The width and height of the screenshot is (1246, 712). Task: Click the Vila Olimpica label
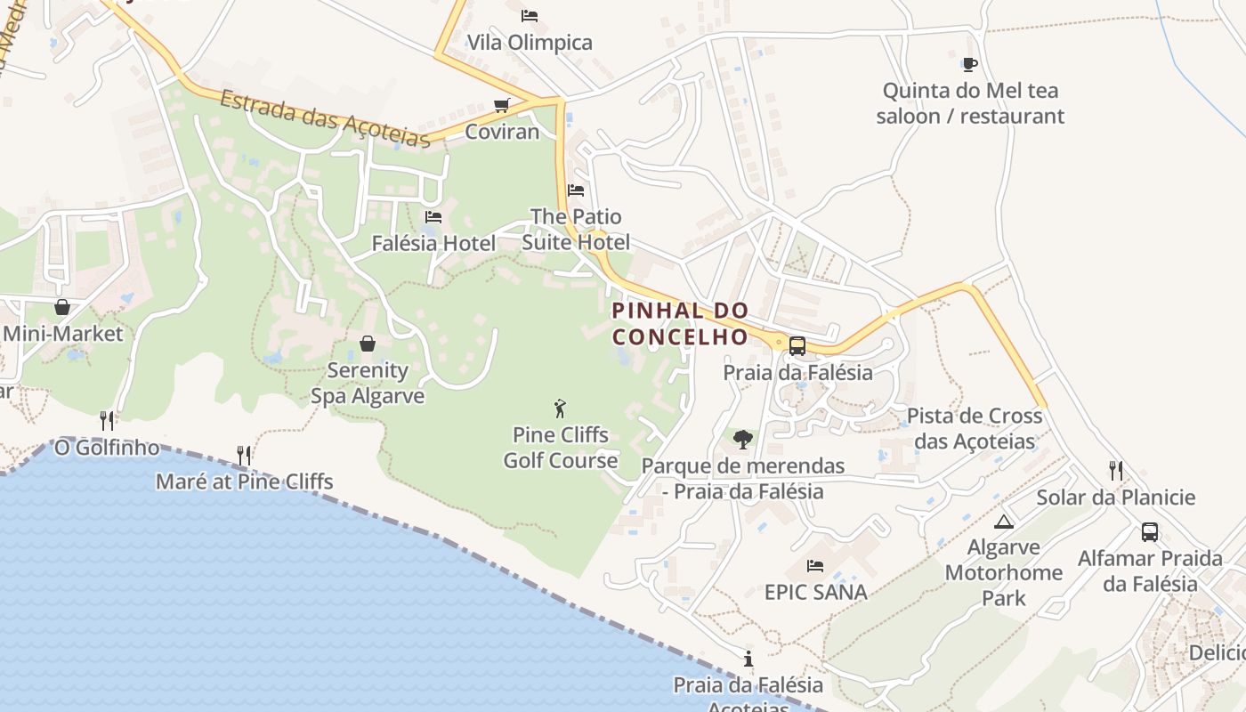530,43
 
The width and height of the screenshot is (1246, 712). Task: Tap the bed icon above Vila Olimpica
530,15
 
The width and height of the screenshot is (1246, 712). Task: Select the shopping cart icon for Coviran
502,106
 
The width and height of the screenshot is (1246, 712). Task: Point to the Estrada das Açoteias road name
325,117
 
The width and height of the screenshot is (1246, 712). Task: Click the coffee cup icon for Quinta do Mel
969,64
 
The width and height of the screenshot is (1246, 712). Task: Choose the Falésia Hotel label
433,243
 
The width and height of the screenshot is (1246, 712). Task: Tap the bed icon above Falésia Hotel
433,216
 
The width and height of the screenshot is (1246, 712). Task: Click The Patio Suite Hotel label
576,230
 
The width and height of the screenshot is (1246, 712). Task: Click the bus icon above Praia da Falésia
797,346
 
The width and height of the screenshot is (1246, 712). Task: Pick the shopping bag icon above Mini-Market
62,307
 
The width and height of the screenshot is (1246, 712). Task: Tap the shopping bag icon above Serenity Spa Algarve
367,344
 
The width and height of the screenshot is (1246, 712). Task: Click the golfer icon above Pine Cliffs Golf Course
560,409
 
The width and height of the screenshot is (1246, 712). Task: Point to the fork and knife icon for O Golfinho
107,420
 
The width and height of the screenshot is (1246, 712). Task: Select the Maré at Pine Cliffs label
244,482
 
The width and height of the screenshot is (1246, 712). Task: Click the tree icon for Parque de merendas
742,439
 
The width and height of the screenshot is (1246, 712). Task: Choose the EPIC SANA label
815,592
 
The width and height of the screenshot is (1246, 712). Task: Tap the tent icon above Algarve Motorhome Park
1004,522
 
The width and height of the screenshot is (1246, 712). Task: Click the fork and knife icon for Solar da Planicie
1115,470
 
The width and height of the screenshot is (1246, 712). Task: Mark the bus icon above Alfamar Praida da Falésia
1150,532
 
